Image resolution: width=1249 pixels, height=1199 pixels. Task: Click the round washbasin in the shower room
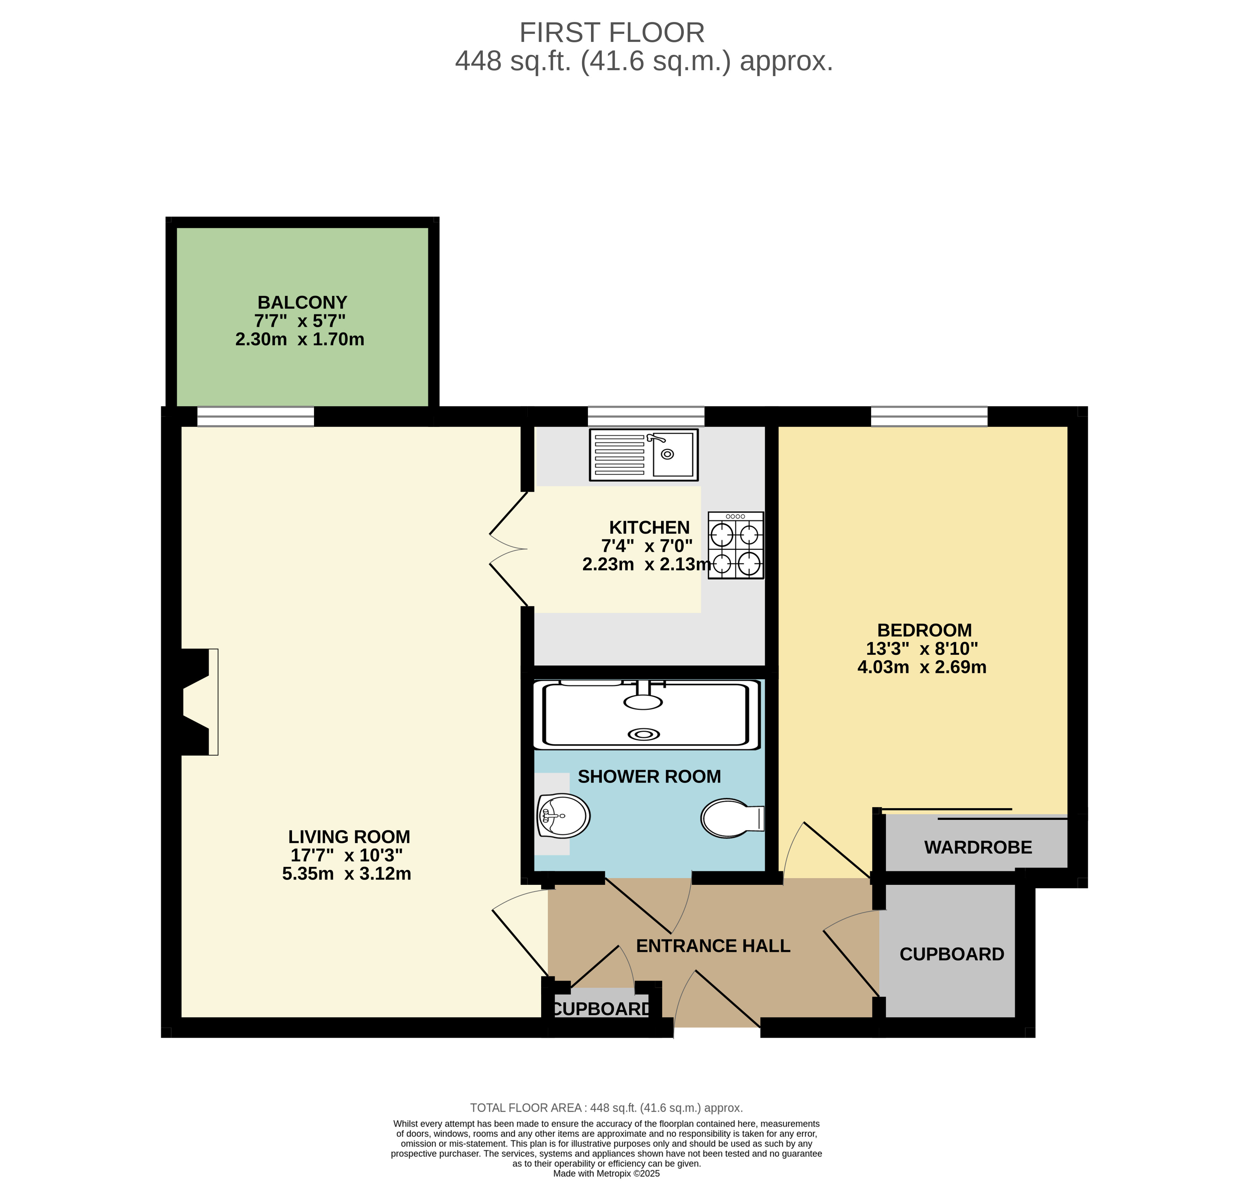[563, 815]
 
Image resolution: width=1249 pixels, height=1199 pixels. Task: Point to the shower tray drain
[644, 734]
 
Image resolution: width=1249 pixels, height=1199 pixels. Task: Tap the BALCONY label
[302, 302]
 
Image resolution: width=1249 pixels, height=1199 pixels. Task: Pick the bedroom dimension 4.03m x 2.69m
[921, 667]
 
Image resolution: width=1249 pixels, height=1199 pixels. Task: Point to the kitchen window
[645, 416]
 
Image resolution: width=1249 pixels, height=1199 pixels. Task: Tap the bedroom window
[928, 416]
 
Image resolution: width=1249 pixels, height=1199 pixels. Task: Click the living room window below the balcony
[255, 416]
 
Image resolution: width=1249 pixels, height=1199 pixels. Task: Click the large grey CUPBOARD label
[951, 954]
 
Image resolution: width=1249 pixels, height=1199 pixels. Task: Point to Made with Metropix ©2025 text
[606, 1173]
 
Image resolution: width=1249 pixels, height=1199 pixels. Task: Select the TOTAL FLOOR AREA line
[606, 1108]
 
